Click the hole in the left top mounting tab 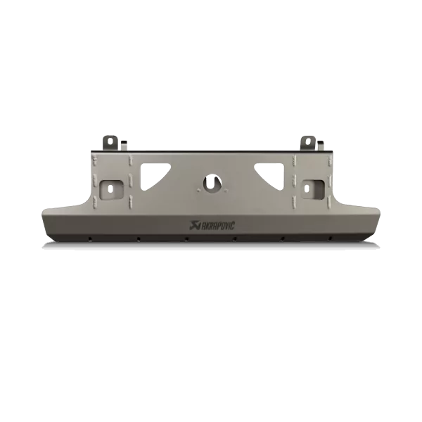110,140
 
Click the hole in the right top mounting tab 309,140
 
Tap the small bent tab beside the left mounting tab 124,146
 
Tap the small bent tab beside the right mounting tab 321,146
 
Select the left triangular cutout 152,175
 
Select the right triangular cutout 272,175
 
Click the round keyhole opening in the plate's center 212,184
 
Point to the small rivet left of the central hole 198,189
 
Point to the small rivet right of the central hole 226,189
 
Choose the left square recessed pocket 112,190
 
